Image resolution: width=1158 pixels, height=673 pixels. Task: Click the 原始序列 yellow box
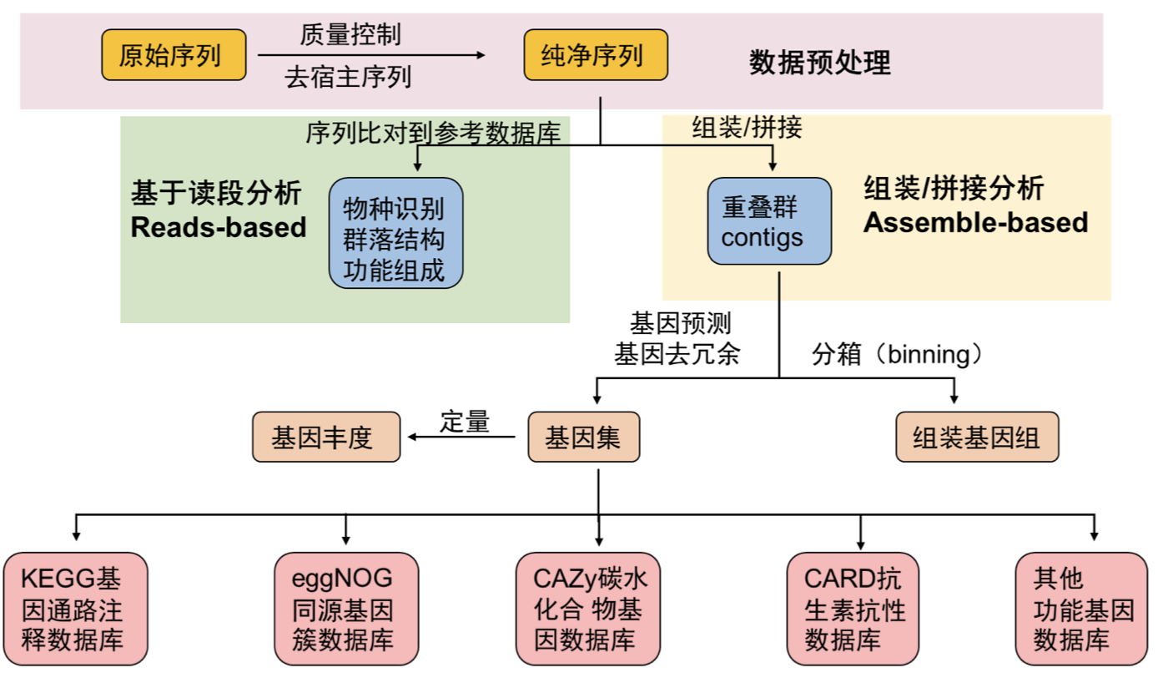174,55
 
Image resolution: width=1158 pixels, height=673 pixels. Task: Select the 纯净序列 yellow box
595,55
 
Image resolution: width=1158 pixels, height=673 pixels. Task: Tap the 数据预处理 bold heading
819,62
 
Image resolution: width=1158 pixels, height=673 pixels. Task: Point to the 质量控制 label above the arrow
350,34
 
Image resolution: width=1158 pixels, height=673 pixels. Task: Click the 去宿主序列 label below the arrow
348,78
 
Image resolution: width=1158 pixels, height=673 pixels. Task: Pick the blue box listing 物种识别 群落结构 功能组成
395,233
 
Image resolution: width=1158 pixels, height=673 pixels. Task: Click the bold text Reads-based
219,227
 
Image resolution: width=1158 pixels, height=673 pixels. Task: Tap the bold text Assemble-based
975,222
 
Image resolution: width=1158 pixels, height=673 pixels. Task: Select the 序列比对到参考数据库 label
433,132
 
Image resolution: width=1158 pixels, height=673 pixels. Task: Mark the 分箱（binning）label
898,354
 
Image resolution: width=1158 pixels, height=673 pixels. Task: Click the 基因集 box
583,437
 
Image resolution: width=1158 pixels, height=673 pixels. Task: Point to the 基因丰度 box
326,437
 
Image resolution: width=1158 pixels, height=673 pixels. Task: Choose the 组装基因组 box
976,437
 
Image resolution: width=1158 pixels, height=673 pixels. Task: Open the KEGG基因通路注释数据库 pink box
75,609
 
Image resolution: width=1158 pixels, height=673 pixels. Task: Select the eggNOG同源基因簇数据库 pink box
345,609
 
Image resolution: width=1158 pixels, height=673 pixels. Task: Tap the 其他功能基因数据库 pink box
1081,609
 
